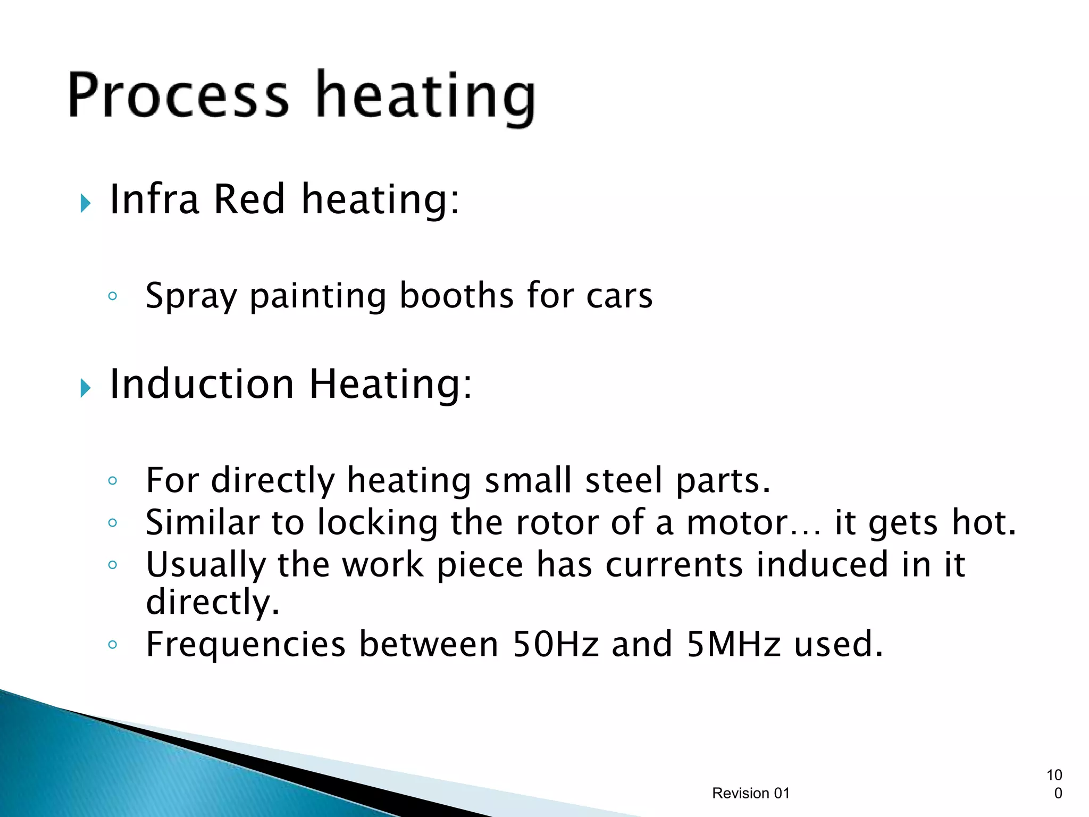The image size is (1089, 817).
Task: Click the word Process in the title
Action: pyautogui.click(x=179, y=96)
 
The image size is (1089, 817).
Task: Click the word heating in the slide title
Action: pyautogui.click(x=425, y=98)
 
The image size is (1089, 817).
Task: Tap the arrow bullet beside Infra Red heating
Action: pyautogui.click(x=86, y=203)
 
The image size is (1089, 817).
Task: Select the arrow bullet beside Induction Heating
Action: pyautogui.click(x=86, y=388)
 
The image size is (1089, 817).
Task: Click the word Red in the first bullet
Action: pyautogui.click(x=249, y=199)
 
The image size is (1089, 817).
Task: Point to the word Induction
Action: pyautogui.click(x=202, y=384)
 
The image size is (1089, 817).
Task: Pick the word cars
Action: pyautogui.click(x=619, y=296)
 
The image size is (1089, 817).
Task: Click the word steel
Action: pyautogui.click(x=624, y=480)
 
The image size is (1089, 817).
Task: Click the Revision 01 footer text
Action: pyautogui.click(x=750, y=793)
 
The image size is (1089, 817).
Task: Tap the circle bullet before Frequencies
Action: pyautogui.click(x=112, y=645)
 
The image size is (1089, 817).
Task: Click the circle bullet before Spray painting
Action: pyautogui.click(x=112, y=296)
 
